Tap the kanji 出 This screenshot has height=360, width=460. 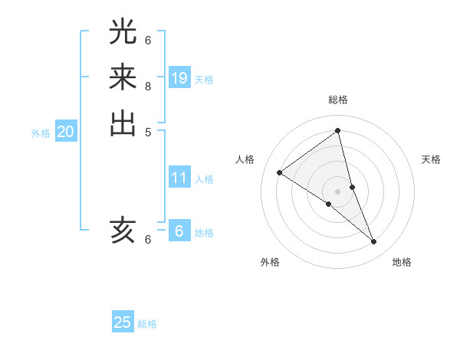click(123, 124)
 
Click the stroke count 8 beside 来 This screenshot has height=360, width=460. click(148, 86)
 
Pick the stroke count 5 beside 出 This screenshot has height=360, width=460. click(148, 133)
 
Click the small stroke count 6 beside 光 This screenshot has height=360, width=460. click(148, 40)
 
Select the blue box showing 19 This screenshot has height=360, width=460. click(179, 78)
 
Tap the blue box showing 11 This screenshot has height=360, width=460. click(179, 178)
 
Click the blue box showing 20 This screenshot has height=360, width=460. click(66, 133)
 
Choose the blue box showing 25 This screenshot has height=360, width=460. click(123, 322)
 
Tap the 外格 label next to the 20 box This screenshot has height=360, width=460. click(41, 133)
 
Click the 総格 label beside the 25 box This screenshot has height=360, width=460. click(148, 324)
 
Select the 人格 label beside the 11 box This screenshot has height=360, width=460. click(204, 179)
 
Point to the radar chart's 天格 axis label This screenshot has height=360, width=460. click(432, 159)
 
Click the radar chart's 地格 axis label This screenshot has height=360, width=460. click(402, 262)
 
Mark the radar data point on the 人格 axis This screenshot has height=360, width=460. click(280, 172)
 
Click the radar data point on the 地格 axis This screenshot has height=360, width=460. click(374, 242)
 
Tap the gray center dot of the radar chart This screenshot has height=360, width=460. click(338, 191)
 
